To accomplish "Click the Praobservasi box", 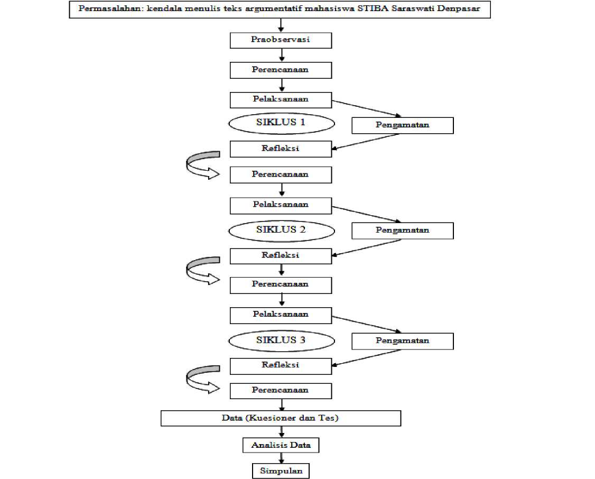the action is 281,40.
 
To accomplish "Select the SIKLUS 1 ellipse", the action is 281,123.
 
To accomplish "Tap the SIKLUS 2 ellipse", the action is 281,231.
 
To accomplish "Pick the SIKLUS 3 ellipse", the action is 281,341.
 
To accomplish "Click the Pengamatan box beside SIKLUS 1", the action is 403,126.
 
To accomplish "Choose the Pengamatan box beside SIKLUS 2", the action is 403,231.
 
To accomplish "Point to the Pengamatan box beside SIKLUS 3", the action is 403,341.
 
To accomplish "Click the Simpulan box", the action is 281,471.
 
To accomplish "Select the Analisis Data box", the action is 281,445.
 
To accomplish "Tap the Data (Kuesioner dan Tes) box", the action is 281,418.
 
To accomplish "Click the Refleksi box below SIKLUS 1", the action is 281,149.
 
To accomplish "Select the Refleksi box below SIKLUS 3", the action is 281,366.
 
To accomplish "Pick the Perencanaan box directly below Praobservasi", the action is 281,70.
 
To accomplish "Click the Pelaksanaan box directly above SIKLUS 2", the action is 281,206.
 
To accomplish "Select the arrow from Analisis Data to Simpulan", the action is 281,458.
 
